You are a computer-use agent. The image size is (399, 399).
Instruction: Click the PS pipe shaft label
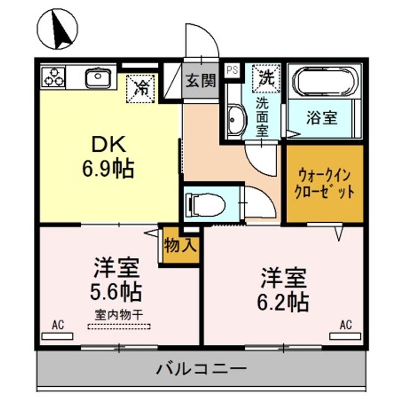pos(232,70)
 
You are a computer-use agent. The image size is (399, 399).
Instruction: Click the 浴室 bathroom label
pos(322,118)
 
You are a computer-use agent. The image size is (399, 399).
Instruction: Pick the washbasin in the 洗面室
pos(235,120)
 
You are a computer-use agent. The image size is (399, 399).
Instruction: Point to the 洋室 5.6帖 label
pos(116,280)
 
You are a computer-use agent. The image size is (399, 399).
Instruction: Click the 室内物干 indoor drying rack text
pos(118,314)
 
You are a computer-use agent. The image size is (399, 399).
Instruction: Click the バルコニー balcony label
pos(201,368)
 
